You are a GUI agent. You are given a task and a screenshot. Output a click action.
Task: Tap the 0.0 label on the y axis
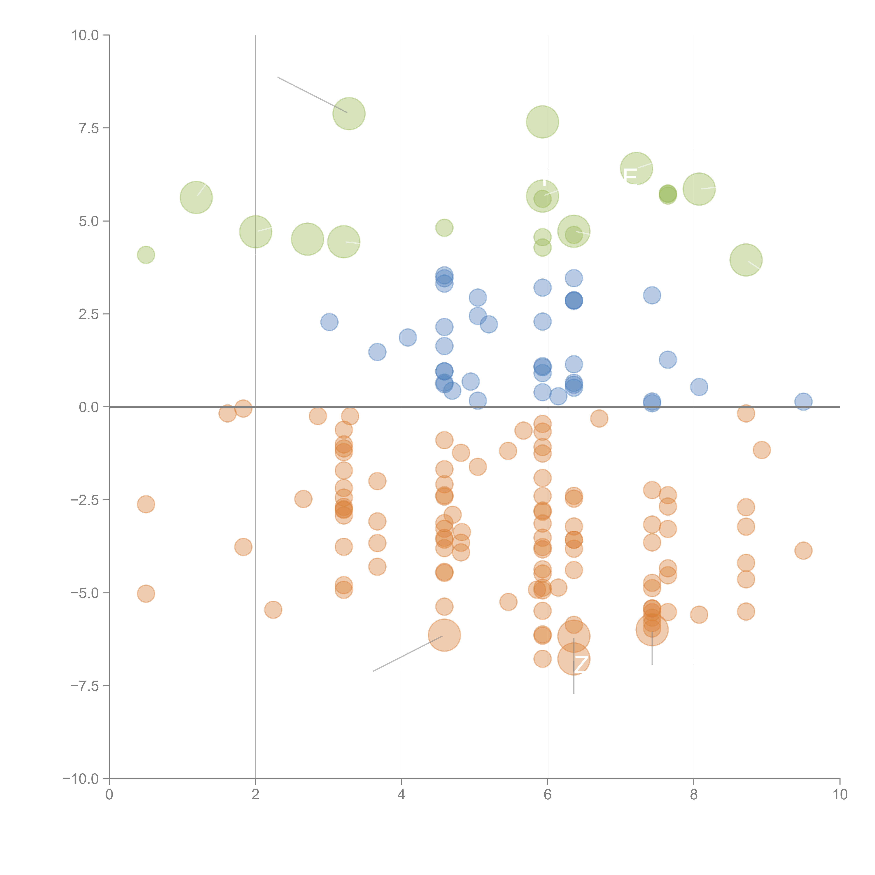click(x=89, y=407)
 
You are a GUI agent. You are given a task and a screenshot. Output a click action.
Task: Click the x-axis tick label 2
click(x=255, y=795)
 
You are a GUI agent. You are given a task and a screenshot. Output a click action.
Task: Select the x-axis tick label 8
click(x=694, y=795)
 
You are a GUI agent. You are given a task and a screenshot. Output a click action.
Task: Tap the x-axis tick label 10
click(x=840, y=795)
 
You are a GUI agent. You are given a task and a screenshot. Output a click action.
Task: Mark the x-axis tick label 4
click(x=401, y=795)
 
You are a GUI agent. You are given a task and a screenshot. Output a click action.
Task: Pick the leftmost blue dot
click(x=329, y=322)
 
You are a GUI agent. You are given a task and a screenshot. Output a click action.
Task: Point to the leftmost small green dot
click(x=146, y=255)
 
